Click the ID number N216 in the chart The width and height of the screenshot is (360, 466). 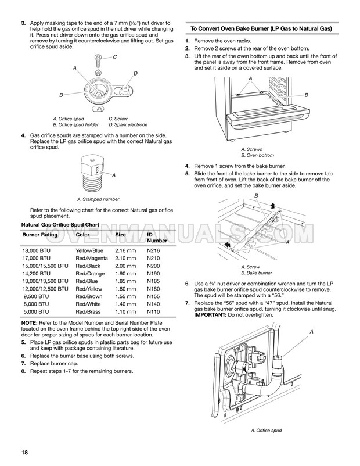point(153,250)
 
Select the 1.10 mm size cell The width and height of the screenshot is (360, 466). point(125,312)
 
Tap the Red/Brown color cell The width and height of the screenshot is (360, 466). point(89,296)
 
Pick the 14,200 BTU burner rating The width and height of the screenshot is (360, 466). point(36,274)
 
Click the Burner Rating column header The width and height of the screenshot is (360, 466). point(40,235)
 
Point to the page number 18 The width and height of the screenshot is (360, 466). point(24,452)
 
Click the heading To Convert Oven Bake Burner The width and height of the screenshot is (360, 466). point(261,29)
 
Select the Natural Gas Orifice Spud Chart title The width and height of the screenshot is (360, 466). point(60,225)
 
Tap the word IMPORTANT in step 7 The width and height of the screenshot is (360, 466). point(210,315)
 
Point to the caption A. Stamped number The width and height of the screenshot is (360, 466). point(98,199)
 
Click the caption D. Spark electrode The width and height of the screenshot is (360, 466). point(128,124)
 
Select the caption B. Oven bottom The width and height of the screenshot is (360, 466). point(257,155)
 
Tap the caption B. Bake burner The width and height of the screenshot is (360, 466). point(256,273)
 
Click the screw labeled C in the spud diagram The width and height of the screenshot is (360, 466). point(98,60)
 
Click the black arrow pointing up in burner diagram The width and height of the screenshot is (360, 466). point(273,206)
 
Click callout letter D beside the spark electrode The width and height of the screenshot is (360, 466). point(135,73)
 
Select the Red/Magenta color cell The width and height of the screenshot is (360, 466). point(92,258)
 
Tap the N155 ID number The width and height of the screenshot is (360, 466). point(153,296)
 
